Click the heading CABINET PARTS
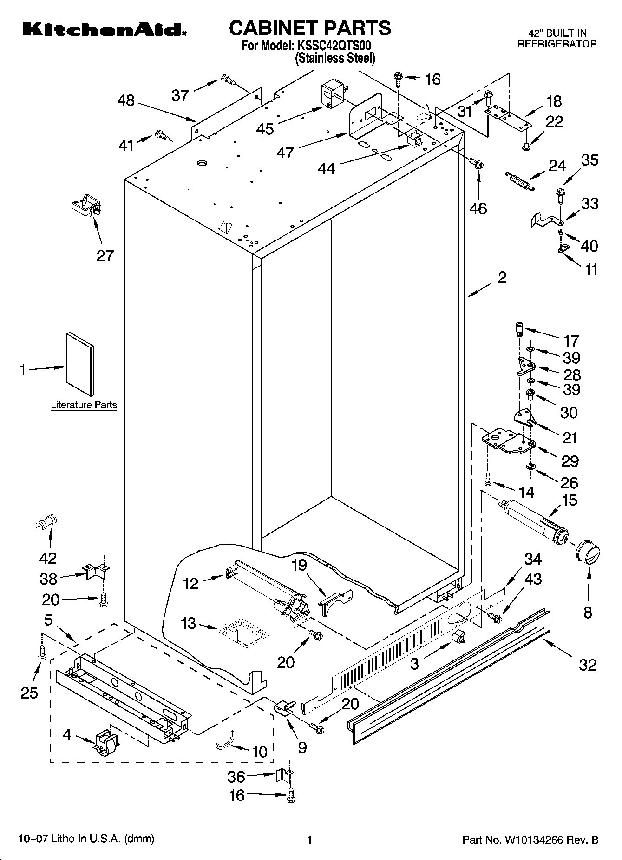310,28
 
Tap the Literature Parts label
84,405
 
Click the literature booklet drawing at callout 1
80,364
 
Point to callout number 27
105,255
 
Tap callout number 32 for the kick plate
587,665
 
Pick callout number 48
126,100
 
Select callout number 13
188,623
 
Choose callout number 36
236,776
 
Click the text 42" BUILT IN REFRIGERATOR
557,39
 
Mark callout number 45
265,128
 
